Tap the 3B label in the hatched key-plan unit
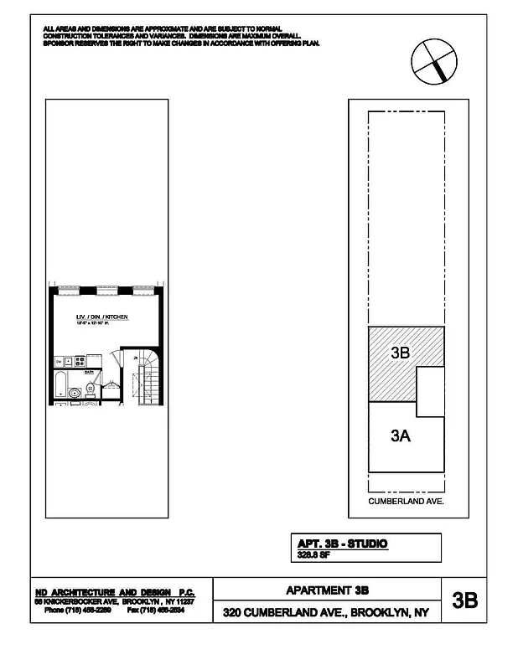pyautogui.click(x=400, y=353)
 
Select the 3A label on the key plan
pyautogui.click(x=400, y=435)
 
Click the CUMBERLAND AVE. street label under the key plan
pyautogui.click(x=407, y=501)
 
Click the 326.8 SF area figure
pyautogui.click(x=313, y=554)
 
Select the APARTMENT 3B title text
pyautogui.click(x=328, y=590)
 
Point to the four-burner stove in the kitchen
pyautogui.click(x=80, y=362)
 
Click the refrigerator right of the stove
pyautogui.click(x=95, y=361)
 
